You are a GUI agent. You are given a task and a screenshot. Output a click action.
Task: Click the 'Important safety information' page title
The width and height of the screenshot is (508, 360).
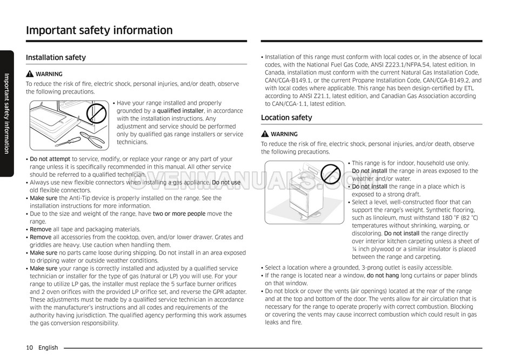point(99,30)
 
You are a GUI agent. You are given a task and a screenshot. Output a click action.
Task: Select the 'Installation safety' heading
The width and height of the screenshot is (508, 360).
point(56,57)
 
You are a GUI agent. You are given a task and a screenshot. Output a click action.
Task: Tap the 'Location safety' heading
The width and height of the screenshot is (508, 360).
point(286,117)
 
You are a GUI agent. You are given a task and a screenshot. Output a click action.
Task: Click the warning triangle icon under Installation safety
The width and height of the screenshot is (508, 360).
point(30,74)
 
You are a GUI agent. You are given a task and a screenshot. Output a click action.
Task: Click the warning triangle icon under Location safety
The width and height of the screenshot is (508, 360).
point(265,134)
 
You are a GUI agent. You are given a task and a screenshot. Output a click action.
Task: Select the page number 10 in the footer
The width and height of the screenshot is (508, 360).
point(29,348)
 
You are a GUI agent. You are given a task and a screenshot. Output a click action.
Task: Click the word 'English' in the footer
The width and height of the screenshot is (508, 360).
point(48,348)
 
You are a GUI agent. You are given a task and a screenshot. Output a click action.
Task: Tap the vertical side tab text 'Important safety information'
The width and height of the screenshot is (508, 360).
point(6,114)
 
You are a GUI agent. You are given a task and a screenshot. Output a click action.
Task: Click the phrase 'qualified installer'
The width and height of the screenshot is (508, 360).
point(181,111)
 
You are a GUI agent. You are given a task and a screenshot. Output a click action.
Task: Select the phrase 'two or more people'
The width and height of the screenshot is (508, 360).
point(179,214)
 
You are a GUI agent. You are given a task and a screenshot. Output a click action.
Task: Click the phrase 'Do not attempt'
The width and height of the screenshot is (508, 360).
point(50,159)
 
